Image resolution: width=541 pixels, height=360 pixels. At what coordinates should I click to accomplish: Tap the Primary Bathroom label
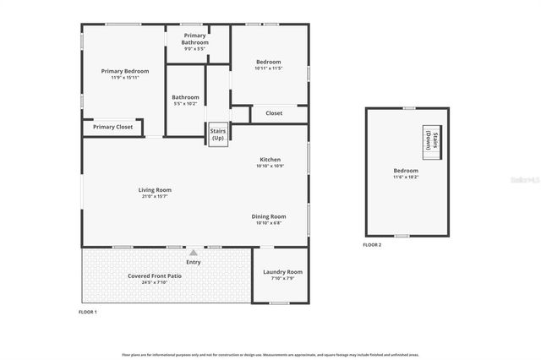coord(194,39)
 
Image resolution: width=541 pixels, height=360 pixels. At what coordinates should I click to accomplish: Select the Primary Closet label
coord(112,127)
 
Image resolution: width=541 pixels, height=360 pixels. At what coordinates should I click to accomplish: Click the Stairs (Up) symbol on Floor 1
coord(218,135)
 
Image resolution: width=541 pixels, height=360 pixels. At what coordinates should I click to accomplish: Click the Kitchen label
coord(270,160)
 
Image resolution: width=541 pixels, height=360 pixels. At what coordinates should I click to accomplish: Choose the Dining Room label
coord(269,216)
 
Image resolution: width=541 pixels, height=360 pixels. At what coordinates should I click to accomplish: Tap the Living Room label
coord(155,190)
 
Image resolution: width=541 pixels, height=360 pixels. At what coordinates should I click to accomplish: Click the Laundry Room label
coord(282,272)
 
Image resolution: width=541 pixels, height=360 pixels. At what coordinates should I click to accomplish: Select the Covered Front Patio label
coord(154,276)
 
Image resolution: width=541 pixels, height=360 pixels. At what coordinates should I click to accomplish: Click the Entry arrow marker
coord(194,252)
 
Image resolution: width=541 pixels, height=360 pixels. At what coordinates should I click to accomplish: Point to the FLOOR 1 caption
coord(88,313)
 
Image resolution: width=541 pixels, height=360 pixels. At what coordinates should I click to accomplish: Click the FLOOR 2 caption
coord(372,245)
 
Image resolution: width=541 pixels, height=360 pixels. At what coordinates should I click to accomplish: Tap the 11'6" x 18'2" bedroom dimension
coord(405,177)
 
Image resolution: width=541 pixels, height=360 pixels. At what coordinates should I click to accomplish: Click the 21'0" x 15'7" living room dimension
coord(155,196)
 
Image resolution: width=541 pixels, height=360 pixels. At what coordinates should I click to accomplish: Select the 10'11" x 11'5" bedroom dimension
coord(269,67)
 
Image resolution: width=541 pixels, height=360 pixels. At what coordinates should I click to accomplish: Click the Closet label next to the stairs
coord(274,113)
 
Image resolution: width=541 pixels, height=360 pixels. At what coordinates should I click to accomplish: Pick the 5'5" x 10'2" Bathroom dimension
coord(185,104)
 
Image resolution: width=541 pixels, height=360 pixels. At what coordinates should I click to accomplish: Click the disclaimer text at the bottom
coord(270,355)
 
